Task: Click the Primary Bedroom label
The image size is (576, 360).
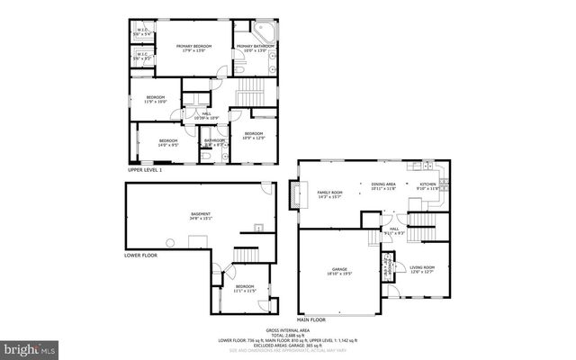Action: click(x=193, y=48)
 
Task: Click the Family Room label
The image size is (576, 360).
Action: click(x=330, y=194)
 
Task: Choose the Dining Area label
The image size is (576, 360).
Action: click(x=383, y=186)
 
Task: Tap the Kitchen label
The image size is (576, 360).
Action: click(x=427, y=186)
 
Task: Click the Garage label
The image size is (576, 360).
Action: click(x=339, y=270)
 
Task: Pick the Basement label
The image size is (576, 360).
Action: click(x=200, y=215)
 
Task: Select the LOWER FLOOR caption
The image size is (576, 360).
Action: click(x=140, y=255)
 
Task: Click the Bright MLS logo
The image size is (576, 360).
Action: click(x=31, y=347)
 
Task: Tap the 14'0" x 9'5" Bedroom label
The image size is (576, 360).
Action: click(x=169, y=142)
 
